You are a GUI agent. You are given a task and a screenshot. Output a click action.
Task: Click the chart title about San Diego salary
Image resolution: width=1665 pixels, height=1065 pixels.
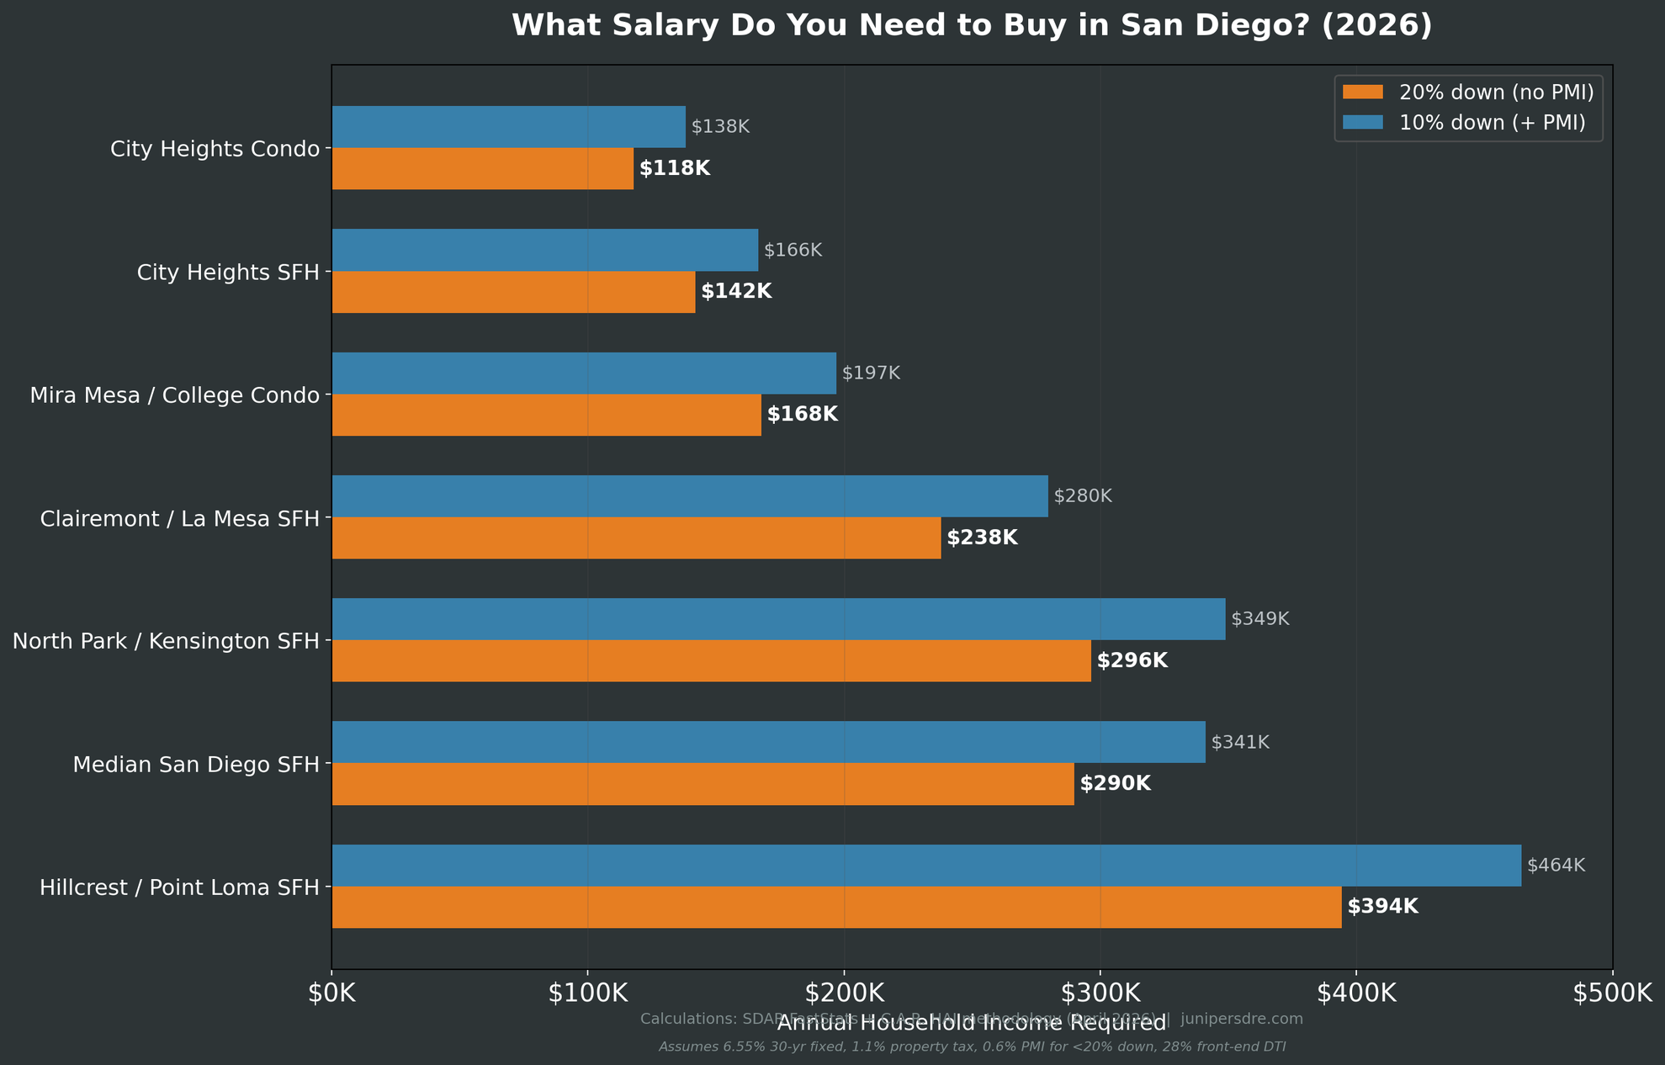pos(971,26)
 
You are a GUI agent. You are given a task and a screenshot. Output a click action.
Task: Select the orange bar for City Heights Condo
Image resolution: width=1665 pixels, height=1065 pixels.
pos(483,168)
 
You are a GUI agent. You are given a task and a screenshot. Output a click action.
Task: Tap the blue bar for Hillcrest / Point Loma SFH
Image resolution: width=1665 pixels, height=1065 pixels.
pos(926,865)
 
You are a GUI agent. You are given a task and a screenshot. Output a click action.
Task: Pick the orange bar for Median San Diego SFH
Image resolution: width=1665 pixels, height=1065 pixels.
pos(703,784)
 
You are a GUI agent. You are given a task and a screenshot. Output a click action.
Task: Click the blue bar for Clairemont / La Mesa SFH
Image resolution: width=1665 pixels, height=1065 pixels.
pos(690,496)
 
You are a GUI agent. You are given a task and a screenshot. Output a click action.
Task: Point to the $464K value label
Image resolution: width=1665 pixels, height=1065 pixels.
pos(1556,865)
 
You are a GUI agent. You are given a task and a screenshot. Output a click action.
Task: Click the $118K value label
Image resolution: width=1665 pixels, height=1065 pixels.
pos(675,168)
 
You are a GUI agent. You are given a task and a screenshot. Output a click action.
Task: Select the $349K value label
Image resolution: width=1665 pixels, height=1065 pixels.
pos(1259,619)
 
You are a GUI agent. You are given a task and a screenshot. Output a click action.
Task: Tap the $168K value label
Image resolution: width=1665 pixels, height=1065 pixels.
pos(803,414)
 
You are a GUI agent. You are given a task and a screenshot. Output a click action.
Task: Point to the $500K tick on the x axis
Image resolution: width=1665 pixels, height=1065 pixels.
pos(1612,993)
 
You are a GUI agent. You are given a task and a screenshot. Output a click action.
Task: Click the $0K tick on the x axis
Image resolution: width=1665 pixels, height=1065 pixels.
pos(332,993)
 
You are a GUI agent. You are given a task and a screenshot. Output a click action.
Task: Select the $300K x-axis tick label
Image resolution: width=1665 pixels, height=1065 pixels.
pos(1100,993)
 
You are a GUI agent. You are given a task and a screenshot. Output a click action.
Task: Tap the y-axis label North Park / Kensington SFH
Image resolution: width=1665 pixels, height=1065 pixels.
pos(167,642)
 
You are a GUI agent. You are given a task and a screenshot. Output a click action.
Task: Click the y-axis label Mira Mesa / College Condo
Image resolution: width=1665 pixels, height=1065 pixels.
pos(175,395)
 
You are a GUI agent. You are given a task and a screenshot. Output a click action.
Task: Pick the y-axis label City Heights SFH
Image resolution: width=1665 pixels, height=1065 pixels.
pos(228,273)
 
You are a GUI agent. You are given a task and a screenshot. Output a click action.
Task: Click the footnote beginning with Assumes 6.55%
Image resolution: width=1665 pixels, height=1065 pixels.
pos(972,1046)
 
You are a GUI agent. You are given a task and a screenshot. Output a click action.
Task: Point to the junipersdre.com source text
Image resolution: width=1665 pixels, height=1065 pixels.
pos(1242,1019)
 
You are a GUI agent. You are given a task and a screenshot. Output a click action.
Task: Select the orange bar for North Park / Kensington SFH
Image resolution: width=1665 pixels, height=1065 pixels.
pos(711,660)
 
